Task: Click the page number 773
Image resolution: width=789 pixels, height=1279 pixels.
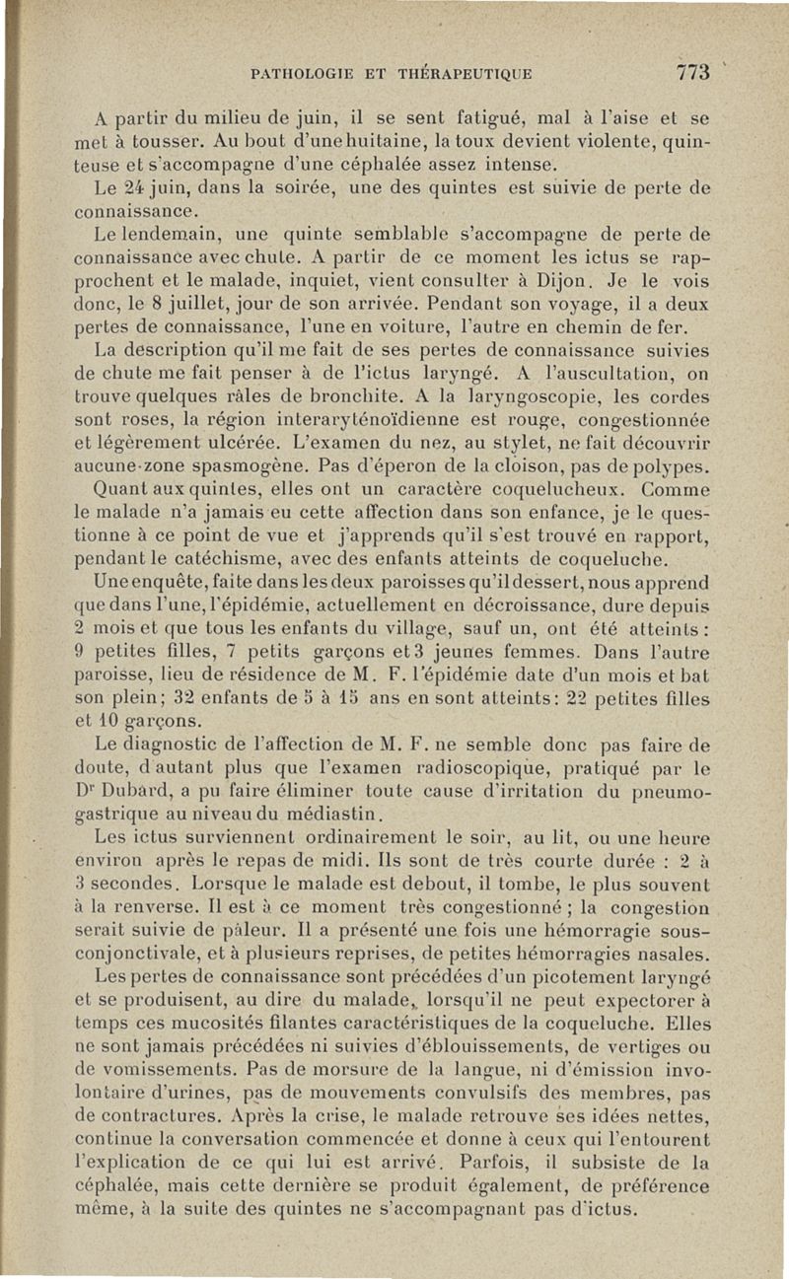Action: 693,72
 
